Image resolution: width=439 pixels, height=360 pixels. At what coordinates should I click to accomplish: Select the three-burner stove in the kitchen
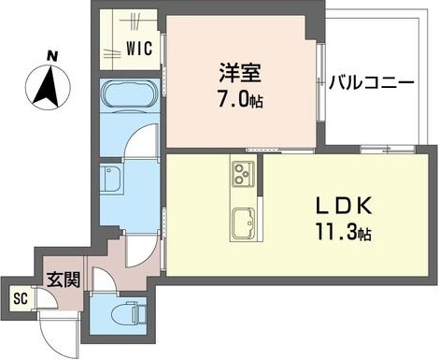point(242,175)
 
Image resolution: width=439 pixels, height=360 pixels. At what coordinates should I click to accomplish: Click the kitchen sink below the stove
point(242,221)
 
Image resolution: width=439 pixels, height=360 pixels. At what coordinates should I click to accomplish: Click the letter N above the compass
point(53,57)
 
